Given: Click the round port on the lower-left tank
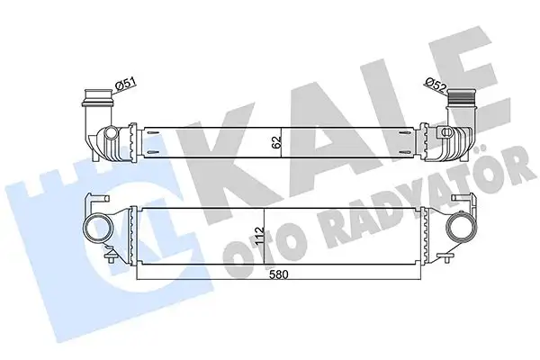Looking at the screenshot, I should [94, 227].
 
